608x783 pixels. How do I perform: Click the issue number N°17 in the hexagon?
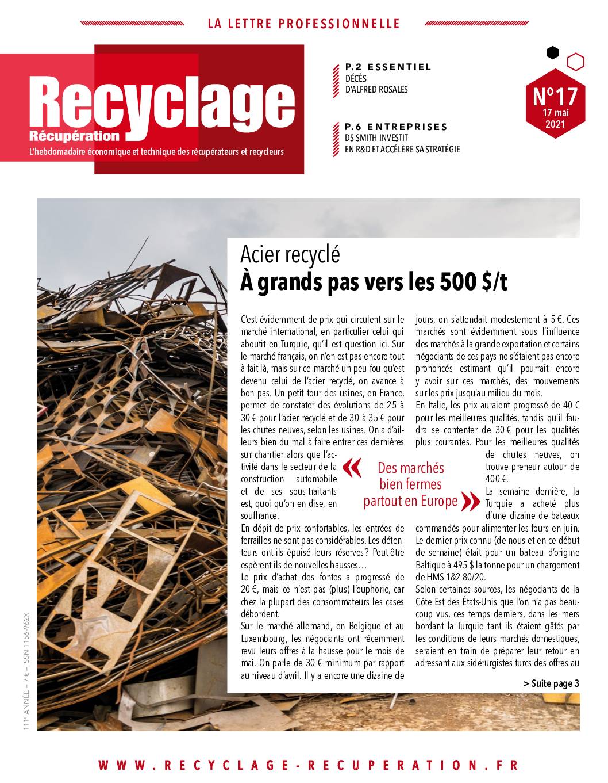point(555,95)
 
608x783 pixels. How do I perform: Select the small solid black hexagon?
point(552,53)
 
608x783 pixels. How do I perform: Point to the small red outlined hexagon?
point(575,61)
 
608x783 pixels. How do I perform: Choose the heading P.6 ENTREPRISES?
point(396,127)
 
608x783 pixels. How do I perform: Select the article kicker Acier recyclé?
point(290,254)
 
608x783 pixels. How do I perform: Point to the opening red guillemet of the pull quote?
point(352,469)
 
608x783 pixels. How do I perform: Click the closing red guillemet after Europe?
point(470,502)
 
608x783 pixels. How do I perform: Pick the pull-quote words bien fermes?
point(410,484)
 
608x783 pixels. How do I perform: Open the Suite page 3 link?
point(551,683)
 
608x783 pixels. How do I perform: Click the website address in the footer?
point(308,765)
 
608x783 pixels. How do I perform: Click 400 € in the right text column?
point(497,479)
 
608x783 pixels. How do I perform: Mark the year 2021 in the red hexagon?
point(555,123)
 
